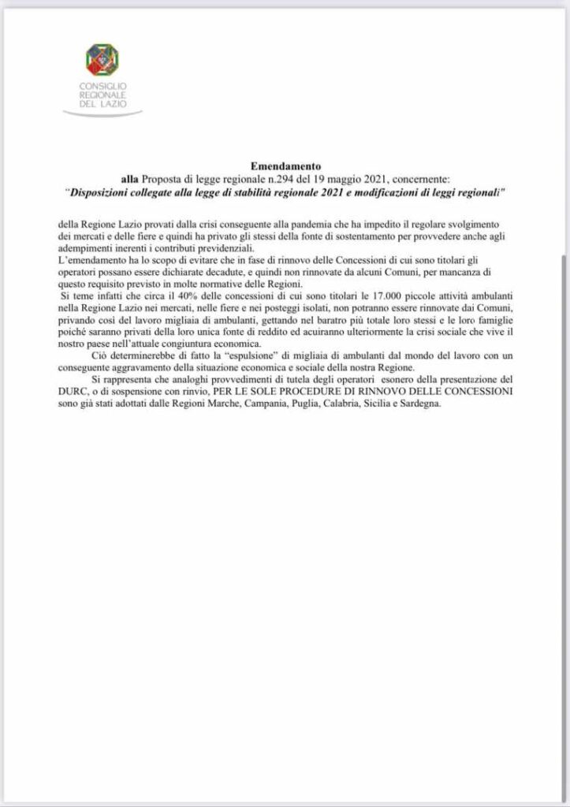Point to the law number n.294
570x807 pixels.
tap(266, 180)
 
